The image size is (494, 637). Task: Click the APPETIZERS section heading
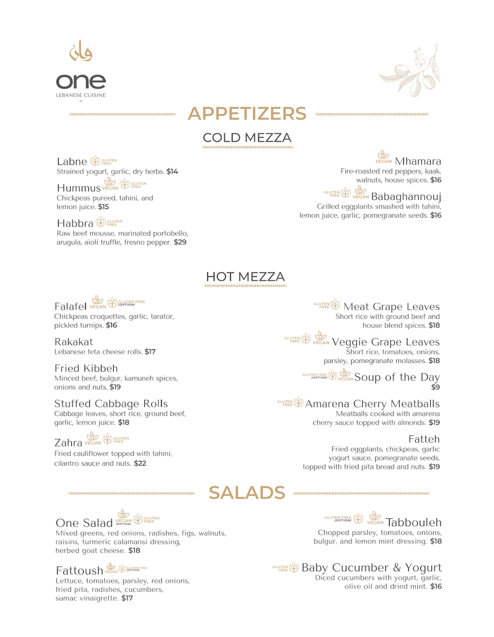coord(247,114)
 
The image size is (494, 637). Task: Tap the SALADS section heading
coord(247,493)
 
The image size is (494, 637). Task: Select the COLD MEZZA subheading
coord(247,138)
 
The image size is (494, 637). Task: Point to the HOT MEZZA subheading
coord(245,277)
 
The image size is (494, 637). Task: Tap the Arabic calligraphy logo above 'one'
coord(81,51)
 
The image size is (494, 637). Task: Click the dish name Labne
coord(72,161)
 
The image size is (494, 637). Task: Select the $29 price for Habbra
coord(180,242)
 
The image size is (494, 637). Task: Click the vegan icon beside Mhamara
coord(384,157)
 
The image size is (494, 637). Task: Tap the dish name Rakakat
coord(74,342)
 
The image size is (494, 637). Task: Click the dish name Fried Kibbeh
coord(86,368)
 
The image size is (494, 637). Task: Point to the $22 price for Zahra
coord(140,463)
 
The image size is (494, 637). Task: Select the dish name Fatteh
coord(424,439)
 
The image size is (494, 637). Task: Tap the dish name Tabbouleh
coord(414,522)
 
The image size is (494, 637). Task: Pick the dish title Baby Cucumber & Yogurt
coord(371,567)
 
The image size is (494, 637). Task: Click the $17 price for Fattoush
coord(127,598)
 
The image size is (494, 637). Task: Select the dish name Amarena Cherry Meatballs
coord(372,404)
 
